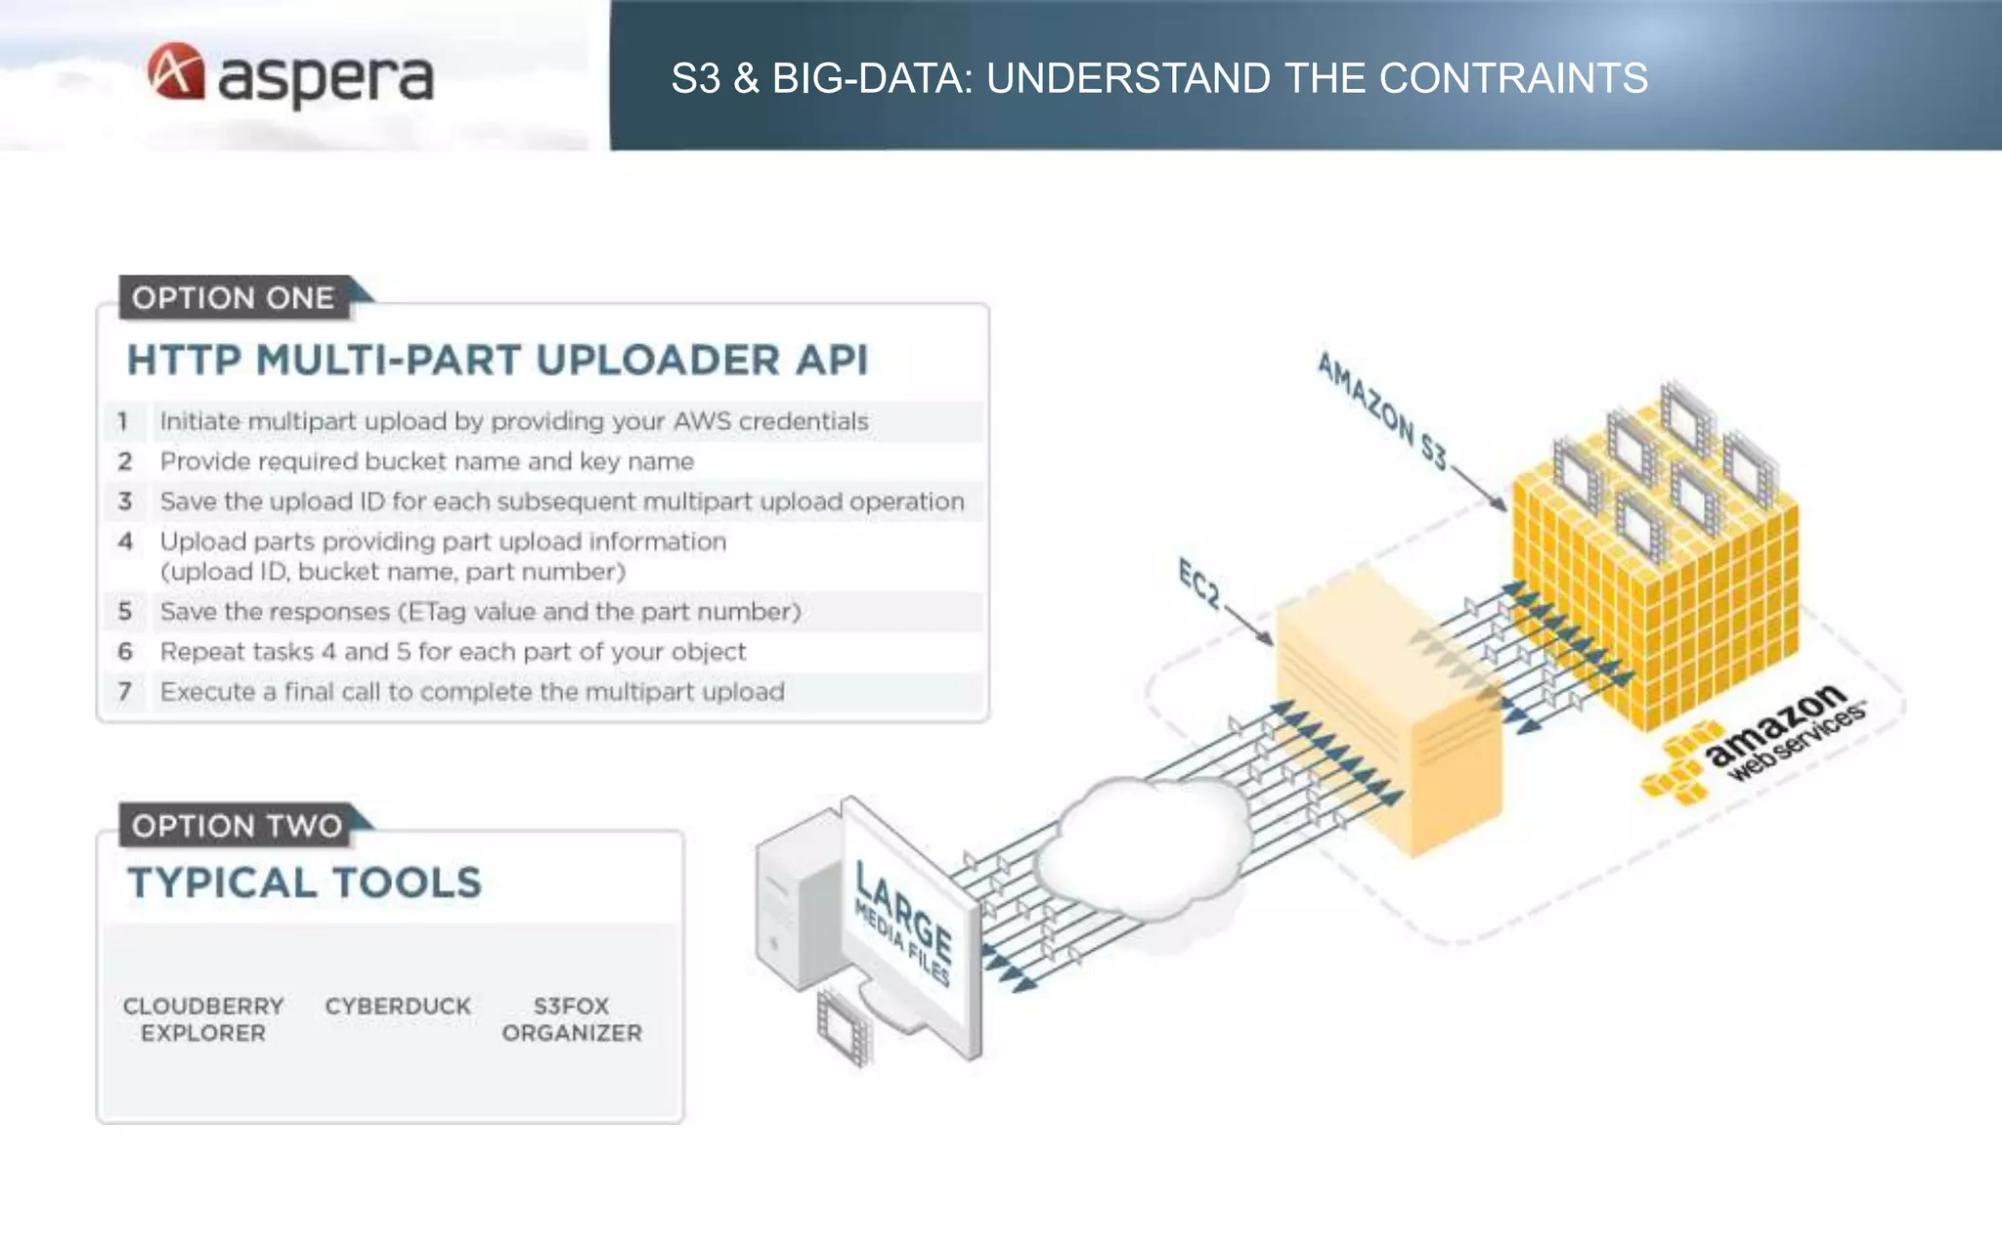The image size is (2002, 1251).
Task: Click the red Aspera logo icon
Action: pyautogui.click(x=176, y=71)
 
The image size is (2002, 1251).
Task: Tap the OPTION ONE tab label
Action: pyautogui.click(x=233, y=298)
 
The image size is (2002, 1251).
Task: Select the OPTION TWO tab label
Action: pyautogui.click(x=237, y=826)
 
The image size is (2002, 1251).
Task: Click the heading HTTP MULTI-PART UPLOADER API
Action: pyautogui.click(x=497, y=360)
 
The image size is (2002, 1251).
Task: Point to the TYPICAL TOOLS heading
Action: pyautogui.click(x=304, y=883)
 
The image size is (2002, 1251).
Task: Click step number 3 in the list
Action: pyautogui.click(x=125, y=501)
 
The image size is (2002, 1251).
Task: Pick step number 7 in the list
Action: pyautogui.click(x=125, y=692)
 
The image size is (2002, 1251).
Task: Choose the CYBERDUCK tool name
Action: pyautogui.click(x=398, y=1007)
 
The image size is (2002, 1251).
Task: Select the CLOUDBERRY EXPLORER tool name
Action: pyautogui.click(x=203, y=1019)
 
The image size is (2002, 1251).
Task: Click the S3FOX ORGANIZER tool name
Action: pyautogui.click(x=572, y=1019)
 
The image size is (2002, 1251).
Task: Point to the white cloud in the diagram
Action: pyautogui.click(x=1144, y=845)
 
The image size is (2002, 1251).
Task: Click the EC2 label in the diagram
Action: pyautogui.click(x=1199, y=583)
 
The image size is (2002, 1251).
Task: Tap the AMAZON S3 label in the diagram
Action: pyautogui.click(x=1381, y=410)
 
